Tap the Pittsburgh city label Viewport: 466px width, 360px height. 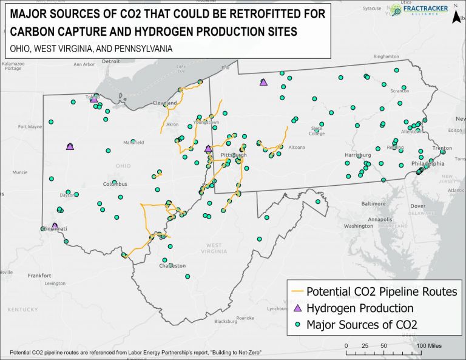pos(234,155)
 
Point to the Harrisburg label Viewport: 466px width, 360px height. pos(357,155)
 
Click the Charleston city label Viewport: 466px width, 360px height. pos(172,266)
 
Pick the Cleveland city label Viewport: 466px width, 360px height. pos(164,103)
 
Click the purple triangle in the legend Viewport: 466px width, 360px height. pos(297,308)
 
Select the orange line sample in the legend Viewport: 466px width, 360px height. pos(297,291)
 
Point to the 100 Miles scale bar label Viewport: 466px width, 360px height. pos(429,345)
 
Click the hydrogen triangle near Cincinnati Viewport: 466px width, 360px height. pos(55,226)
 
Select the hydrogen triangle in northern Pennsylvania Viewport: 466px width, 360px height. pos(263,82)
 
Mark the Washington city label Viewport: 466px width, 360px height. pos(359,226)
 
